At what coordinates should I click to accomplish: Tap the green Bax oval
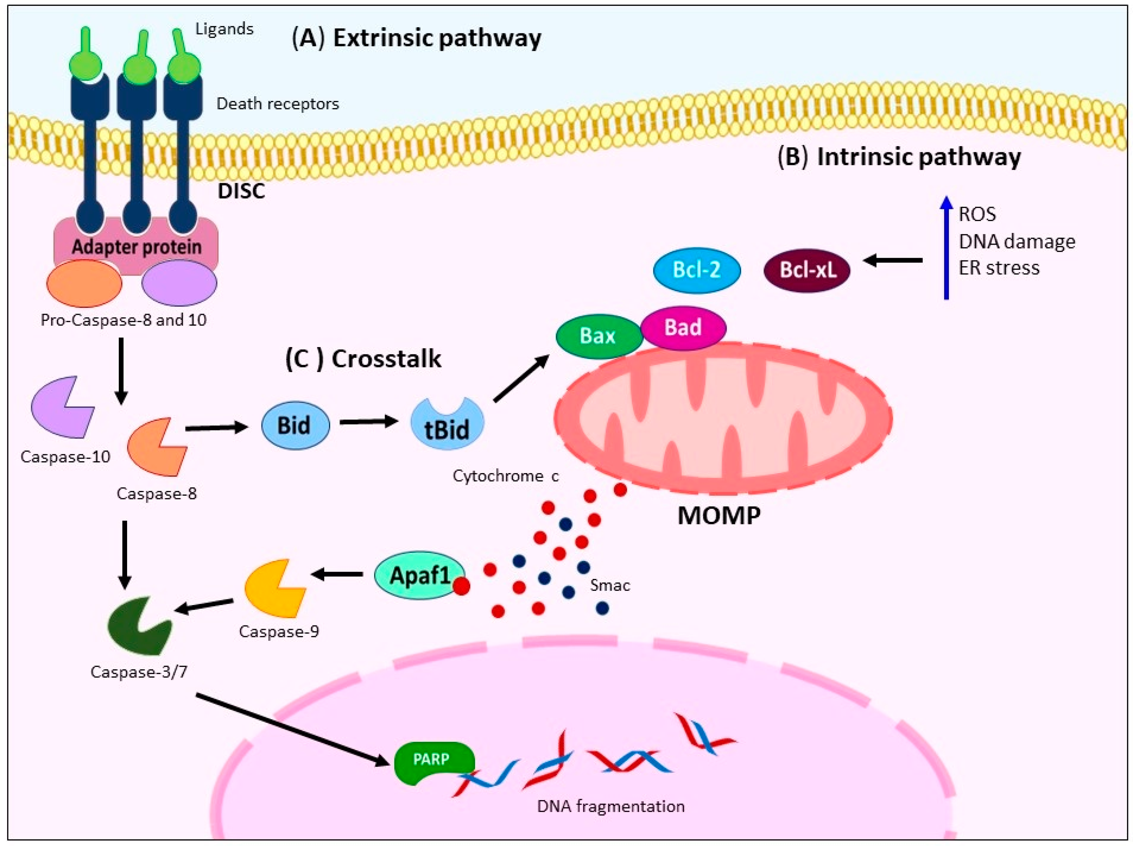(x=599, y=336)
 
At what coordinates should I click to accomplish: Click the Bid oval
(x=295, y=425)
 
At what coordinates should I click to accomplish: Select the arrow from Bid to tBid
(x=369, y=422)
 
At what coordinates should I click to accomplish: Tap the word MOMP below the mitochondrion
(x=719, y=516)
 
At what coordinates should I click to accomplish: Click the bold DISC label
(x=241, y=191)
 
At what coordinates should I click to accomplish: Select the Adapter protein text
(x=137, y=247)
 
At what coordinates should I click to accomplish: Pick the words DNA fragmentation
(x=610, y=806)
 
